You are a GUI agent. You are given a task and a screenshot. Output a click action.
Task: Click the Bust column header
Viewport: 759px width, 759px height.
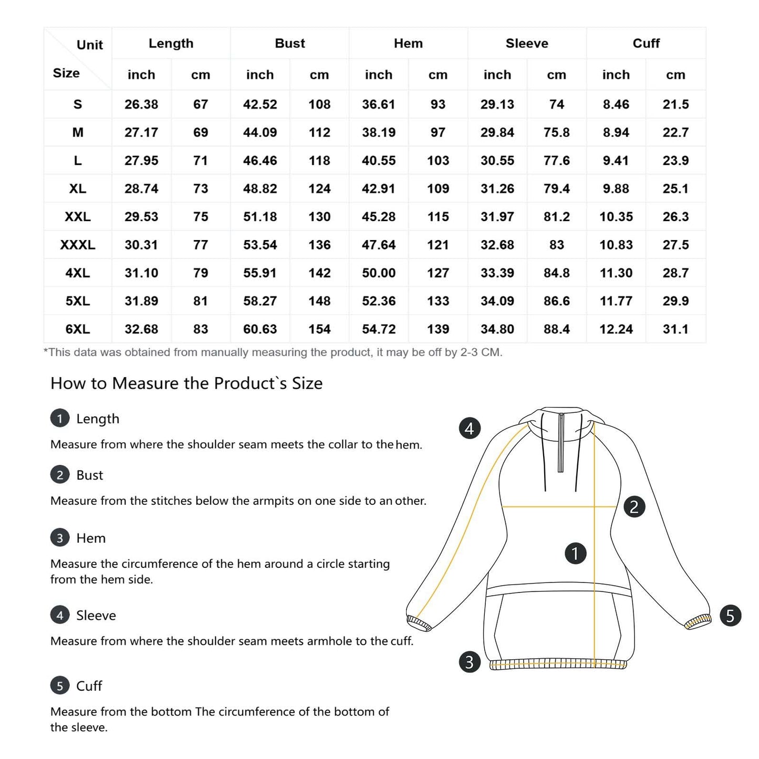[289, 44]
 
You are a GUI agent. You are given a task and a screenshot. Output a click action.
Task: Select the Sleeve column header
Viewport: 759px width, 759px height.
[526, 44]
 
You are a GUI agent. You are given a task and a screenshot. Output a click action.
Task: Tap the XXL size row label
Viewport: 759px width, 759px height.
[78, 217]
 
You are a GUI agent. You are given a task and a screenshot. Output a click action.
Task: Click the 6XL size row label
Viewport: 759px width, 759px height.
[78, 329]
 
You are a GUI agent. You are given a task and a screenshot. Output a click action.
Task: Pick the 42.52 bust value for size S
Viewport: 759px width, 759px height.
[259, 105]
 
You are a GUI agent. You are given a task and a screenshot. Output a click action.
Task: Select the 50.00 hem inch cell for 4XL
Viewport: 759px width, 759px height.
[378, 273]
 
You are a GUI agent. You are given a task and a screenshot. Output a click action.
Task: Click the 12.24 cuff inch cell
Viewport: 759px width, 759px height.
[616, 329]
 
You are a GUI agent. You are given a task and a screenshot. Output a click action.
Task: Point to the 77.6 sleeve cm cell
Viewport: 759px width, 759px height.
[556, 161]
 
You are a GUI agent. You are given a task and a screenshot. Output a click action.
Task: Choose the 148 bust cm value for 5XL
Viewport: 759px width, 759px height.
[319, 301]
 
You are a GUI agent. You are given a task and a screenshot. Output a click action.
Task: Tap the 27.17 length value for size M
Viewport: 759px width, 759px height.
[141, 132]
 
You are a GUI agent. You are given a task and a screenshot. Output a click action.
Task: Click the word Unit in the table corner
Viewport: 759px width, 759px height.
[90, 45]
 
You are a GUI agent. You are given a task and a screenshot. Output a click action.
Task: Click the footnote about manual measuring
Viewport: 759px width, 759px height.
[273, 352]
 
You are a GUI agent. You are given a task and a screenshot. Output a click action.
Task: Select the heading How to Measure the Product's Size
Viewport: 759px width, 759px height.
[186, 383]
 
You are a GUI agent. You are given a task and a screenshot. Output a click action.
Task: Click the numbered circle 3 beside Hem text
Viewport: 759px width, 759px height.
[60, 538]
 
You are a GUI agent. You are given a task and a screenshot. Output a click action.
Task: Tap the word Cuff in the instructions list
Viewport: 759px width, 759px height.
[89, 686]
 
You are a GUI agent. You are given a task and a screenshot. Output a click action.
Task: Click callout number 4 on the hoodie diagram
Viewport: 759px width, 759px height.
[469, 429]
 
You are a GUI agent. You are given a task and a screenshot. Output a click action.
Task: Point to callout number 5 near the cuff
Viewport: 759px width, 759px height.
[730, 616]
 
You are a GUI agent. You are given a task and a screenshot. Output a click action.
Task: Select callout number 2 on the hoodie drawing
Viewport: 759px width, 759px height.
[634, 507]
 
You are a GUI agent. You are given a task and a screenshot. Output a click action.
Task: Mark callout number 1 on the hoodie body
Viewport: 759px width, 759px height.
[575, 554]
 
